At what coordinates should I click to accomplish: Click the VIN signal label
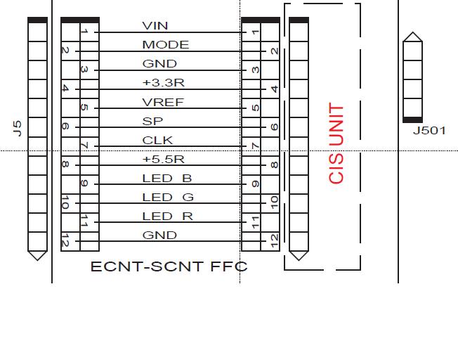(x=155, y=26)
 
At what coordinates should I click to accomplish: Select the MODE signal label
(x=165, y=45)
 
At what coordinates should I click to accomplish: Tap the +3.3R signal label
(x=163, y=83)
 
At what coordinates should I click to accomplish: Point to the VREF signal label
(x=162, y=102)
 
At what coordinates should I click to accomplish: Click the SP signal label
(x=152, y=121)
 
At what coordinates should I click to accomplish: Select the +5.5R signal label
(x=163, y=159)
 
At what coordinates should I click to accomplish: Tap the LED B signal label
(x=166, y=178)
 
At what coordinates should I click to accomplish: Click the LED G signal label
(x=167, y=197)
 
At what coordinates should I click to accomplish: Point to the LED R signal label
(x=166, y=216)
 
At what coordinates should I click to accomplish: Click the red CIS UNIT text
(x=336, y=143)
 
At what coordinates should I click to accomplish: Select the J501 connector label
(x=428, y=131)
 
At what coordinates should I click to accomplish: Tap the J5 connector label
(x=18, y=127)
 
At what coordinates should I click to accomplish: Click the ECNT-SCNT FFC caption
(x=169, y=266)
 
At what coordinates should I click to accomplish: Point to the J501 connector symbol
(x=412, y=77)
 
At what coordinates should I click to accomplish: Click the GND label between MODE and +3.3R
(x=159, y=64)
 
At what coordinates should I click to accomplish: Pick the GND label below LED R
(x=159, y=235)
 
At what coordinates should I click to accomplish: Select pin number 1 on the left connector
(x=84, y=32)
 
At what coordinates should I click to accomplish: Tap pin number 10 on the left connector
(x=65, y=203)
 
